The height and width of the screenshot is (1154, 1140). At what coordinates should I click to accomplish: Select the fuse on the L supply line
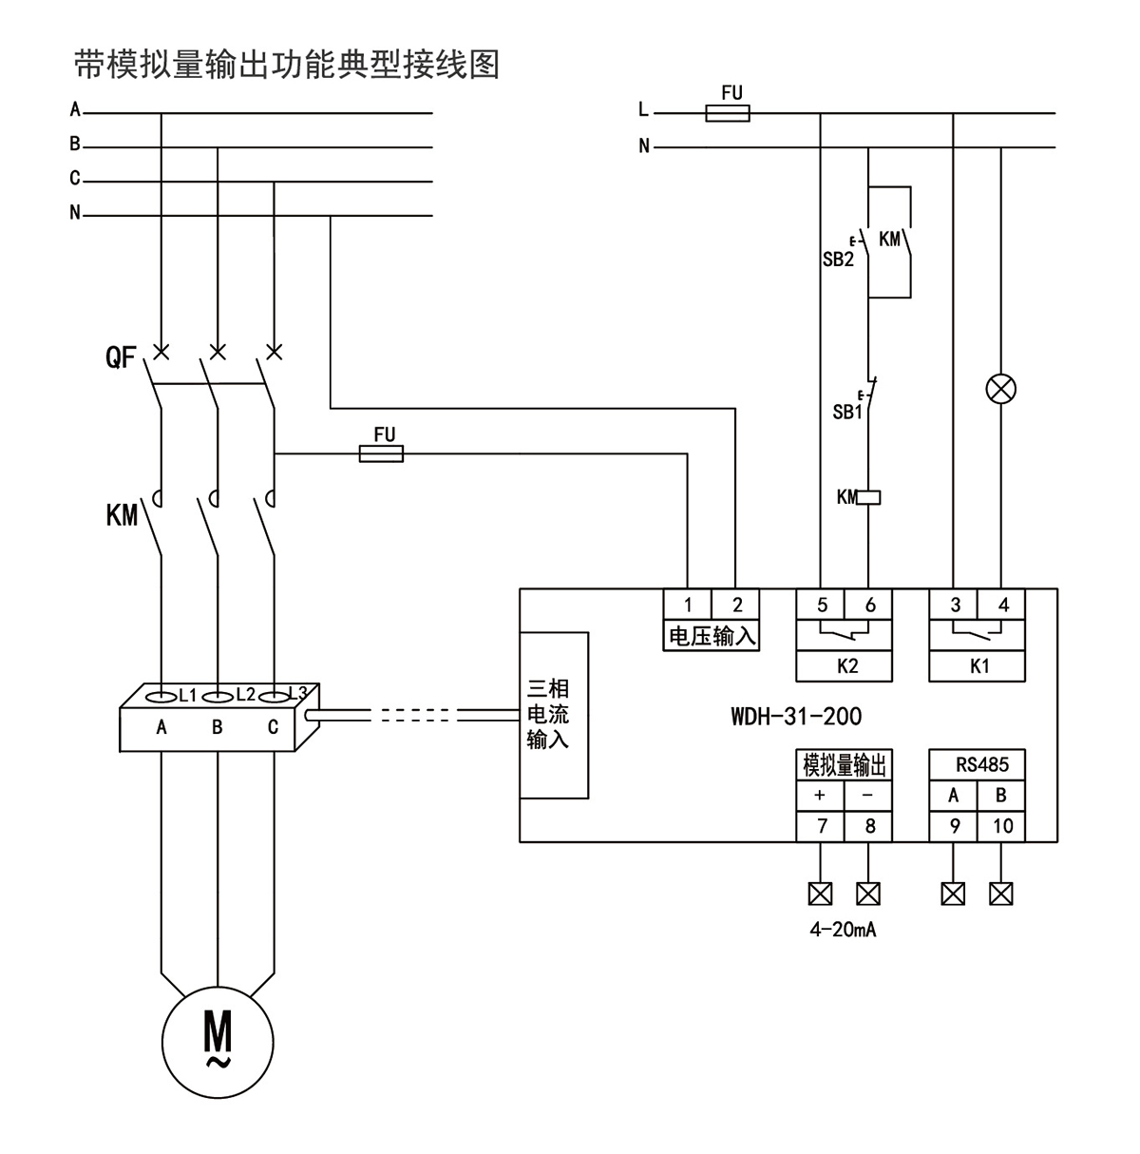pyautogui.click(x=728, y=114)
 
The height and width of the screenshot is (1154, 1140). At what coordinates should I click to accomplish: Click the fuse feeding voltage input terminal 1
pyautogui.click(x=381, y=454)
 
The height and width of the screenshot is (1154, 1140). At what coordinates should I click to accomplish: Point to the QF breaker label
pyautogui.click(x=122, y=358)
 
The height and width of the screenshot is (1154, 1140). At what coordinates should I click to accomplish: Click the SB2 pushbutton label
pyautogui.click(x=838, y=260)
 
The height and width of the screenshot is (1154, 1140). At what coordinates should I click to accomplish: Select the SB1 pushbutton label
pyautogui.click(x=846, y=413)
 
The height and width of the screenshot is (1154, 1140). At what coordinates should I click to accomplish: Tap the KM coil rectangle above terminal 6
pyautogui.click(x=868, y=496)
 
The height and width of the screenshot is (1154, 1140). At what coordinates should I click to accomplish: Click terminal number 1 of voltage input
pyautogui.click(x=688, y=605)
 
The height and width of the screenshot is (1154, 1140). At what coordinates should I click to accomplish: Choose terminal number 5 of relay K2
pyautogui.click(x=822, y=605)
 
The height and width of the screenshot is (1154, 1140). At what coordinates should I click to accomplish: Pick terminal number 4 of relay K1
pyautogui.click(x=1003, y=605)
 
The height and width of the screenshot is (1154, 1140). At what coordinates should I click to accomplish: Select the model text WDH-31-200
pyautogui.click(x=796, y=716)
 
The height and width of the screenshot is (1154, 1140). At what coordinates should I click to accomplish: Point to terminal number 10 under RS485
pyautogui.click(x=1002, y=826)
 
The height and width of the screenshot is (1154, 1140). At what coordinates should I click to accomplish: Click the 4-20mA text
pyautogui.click(x=843, y=930)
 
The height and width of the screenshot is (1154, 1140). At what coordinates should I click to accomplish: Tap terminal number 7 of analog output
pyautogui.click(x=822, y=826)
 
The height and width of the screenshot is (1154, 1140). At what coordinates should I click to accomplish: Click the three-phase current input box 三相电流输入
pyautogui.click(x=554, y=714)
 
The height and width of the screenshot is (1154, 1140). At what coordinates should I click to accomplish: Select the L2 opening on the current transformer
pyautogui.click(x=218, y=696)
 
